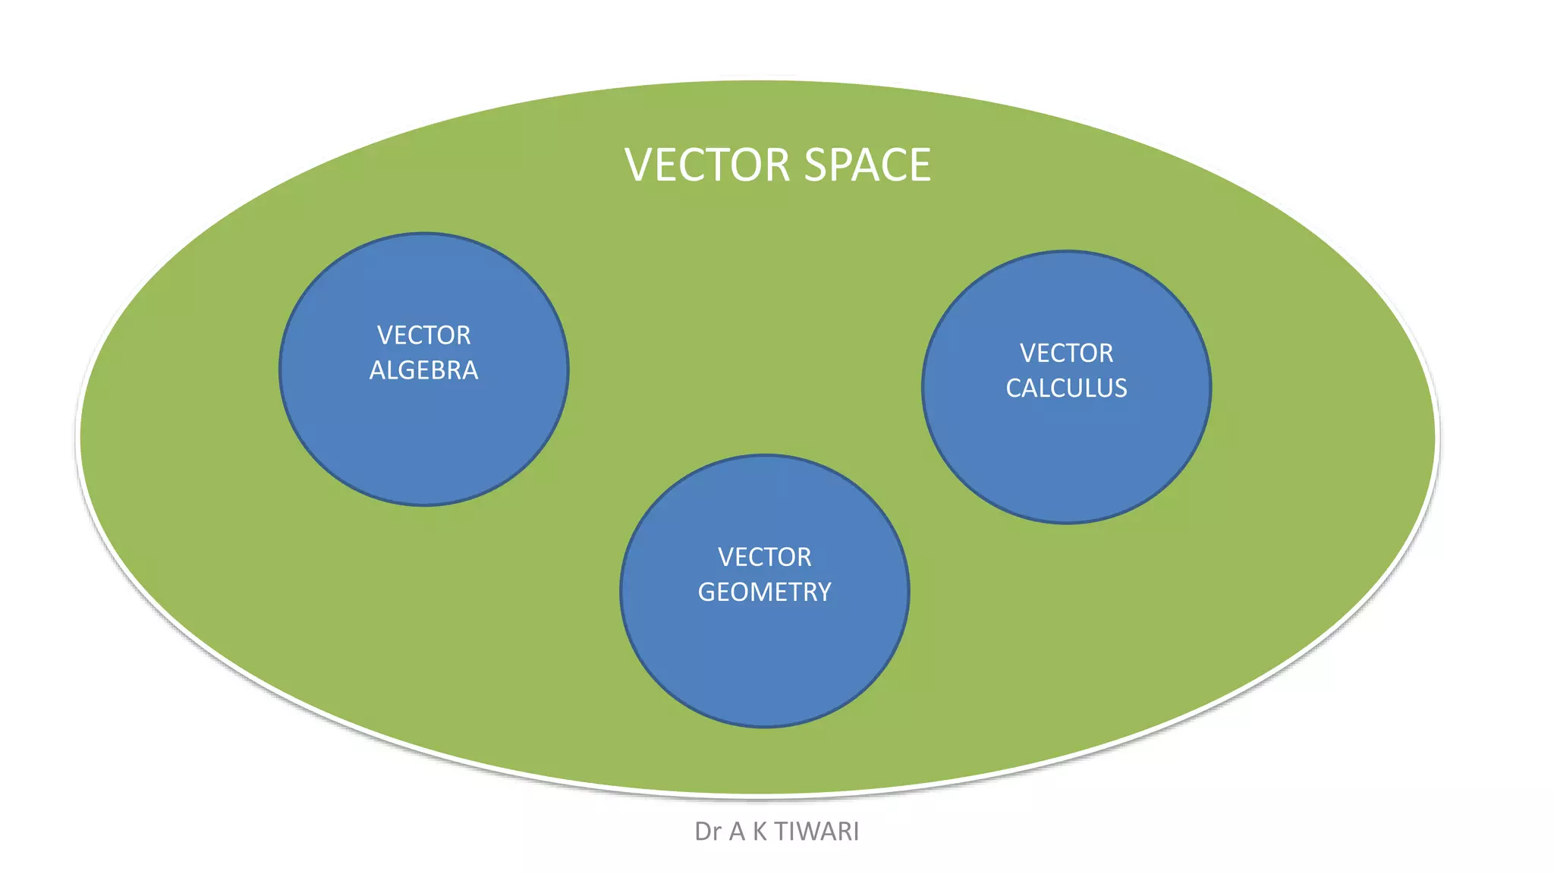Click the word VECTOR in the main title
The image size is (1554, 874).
(707, 165)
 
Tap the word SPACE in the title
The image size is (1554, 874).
(867, 165)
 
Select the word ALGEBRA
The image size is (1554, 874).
(423, 370)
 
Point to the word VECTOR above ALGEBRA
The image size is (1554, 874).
(423, 335)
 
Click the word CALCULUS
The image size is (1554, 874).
(1066, 388)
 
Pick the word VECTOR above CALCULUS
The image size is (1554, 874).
(1066, 354)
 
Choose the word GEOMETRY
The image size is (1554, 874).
(764, 593)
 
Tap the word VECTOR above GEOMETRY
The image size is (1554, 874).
(764, 558)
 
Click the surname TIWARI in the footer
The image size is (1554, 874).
(816, 832)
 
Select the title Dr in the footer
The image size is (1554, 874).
(707, 832)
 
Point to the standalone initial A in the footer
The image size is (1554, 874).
(737, 832)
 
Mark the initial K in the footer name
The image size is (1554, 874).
(760, 832)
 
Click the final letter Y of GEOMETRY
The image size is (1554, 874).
(824, 593)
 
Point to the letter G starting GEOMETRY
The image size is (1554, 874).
(706, 593)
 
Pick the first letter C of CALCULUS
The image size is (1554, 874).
(1015, 388)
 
